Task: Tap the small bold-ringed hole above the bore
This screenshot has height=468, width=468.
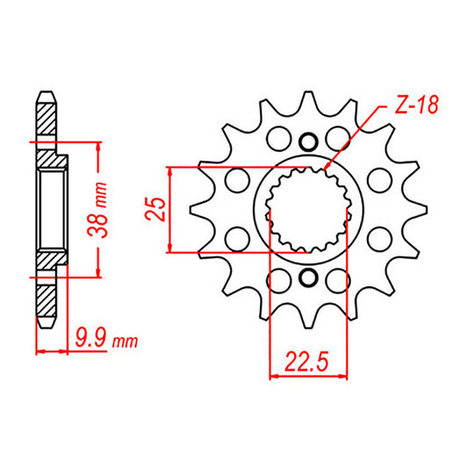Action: [306, 141]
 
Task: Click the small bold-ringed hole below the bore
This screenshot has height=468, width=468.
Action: [306, 278]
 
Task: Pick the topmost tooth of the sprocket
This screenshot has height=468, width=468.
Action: [306, 101]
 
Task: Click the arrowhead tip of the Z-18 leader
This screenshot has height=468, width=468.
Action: [325, 169]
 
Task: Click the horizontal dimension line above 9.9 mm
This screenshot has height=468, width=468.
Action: [53, 353]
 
